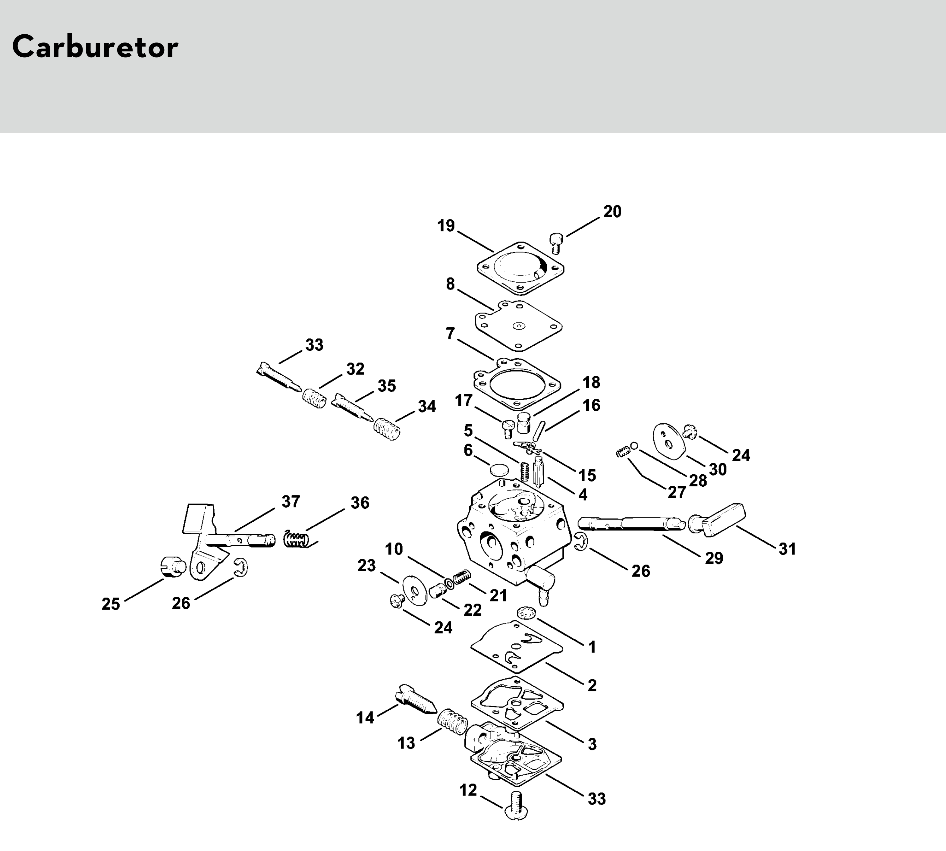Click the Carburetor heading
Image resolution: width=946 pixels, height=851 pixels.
pos(95,47)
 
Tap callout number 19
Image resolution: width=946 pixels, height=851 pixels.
pos(446,226)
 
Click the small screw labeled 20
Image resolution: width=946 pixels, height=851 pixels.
pos(555,243)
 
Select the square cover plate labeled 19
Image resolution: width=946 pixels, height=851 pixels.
pos(520,268)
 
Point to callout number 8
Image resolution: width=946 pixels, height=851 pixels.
pos(450,284)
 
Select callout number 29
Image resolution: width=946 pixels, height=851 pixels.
pos(714,557)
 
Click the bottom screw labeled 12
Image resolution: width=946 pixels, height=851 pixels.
pos(517,805)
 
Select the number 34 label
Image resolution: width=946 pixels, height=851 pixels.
pos(426,406)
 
